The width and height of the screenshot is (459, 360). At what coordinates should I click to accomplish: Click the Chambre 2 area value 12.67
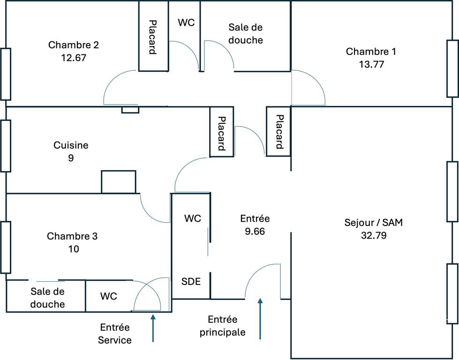(74, 58)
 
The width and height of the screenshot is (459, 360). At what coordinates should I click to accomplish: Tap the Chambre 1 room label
(371, 52)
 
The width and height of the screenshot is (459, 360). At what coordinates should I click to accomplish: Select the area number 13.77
(371, 64)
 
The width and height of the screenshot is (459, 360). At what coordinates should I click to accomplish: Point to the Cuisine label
(71, 145)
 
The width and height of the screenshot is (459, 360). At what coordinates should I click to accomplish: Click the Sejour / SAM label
(374, 223)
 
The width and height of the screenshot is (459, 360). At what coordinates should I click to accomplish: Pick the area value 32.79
(374, 235)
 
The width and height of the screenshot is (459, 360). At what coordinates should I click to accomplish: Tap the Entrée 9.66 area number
(255, 231)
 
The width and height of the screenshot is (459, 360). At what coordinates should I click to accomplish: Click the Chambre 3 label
(72, 236)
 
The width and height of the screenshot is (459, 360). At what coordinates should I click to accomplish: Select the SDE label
(191, 281)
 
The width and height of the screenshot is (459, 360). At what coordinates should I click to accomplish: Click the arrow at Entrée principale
(260, 319)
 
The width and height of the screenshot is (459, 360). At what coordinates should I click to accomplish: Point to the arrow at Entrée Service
(153, 328)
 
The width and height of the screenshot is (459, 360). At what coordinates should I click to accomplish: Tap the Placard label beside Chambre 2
(152, 37)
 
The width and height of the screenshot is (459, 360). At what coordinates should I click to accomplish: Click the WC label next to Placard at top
(186, 22)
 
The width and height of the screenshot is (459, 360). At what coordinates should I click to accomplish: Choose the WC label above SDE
(193, 218)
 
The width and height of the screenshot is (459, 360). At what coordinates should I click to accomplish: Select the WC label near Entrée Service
(109, 296)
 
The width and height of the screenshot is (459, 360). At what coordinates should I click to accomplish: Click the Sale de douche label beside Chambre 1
(246, 34)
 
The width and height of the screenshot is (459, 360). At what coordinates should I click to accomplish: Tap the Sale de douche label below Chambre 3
(47, 298)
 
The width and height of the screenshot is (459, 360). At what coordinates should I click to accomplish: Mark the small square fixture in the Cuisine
(119, 182)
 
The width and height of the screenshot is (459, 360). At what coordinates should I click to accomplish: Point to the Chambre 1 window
(452, 68)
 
